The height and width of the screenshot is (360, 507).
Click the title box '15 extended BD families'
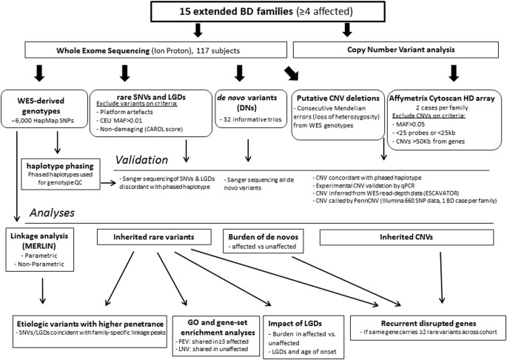(x=253, y=13)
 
